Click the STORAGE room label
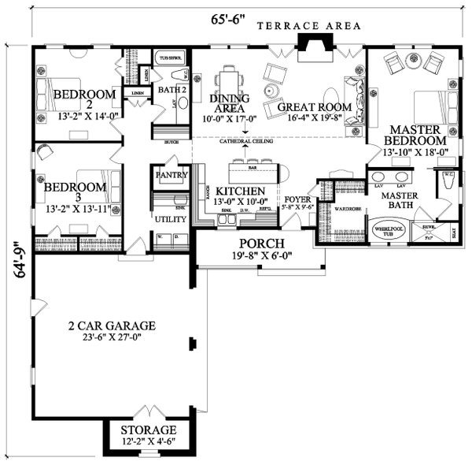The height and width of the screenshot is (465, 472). point(148,430)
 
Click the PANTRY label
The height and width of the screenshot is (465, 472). point(170,174)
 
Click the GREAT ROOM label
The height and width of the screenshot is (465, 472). point(303,106)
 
